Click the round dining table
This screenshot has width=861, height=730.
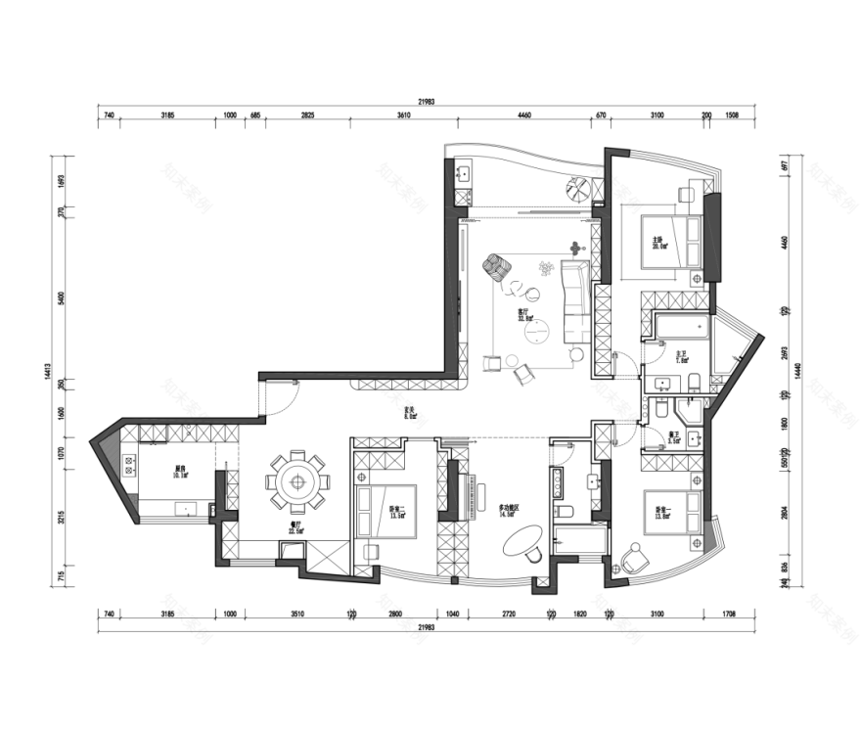pos(297,479)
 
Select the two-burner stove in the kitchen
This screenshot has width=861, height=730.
pos(127,467)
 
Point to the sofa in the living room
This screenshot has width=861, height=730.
pos(575,302)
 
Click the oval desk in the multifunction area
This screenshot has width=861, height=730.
pos(525,540)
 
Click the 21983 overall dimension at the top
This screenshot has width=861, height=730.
pos(426,101)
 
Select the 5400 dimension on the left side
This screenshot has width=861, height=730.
pos(61,297)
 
